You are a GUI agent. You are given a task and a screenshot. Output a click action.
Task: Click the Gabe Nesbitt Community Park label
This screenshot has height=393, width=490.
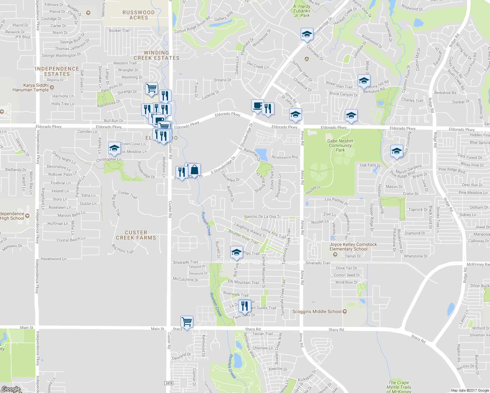pyautogui.click(x=340, y=145)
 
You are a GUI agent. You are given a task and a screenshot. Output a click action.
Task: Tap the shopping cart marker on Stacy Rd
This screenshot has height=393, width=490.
pyautogui.click(x=187, y=322)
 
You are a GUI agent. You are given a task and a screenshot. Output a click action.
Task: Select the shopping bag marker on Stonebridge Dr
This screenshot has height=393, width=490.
pyautogui.click(x=194, y=170)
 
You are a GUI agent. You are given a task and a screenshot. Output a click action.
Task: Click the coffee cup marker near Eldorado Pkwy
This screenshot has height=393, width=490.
pyautogui.click(x=257, y=105)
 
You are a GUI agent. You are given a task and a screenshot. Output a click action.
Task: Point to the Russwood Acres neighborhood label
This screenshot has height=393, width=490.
pyautogui.click(x=139, y=15)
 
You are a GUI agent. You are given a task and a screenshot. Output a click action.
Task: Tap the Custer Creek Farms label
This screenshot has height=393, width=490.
pyautogui.click(x=136, y=235)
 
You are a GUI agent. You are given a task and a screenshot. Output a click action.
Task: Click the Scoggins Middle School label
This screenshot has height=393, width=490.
pyautogui.click(x=317, y=311)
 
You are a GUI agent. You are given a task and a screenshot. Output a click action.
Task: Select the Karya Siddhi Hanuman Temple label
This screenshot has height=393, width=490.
pyautogui.click(x=31, y=87)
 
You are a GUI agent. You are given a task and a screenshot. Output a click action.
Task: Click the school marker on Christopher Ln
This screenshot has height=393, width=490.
pyautogui.click(x=114, y=148)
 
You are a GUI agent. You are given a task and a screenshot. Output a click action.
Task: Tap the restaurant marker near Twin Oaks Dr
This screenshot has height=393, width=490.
pyautogui.click(x=245, y=306)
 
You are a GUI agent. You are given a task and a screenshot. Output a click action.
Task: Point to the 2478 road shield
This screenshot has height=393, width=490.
pyautogui.click(x=169, y=383)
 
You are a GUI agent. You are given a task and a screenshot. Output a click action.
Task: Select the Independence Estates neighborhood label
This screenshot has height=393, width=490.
pyautogui.click(x=57, y=71)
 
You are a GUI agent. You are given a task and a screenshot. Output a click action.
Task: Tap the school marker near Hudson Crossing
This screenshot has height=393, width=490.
pyautogui.click(x=396, y=151)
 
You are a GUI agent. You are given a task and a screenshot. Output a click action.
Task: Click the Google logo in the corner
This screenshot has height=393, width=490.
pyautogui.click(x=11, y=389)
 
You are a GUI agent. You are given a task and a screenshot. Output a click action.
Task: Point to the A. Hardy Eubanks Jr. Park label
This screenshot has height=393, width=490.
pyautogui.click(x=302, y=11)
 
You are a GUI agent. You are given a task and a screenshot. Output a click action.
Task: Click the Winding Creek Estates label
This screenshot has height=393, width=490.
pyautogui.click(x=157, y=55)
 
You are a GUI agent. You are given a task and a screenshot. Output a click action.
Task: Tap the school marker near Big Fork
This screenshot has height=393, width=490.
pyautogui.click(x=236, y=252)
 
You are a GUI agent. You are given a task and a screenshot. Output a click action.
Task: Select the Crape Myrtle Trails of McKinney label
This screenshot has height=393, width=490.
pyautogui.click(x=399, y=387)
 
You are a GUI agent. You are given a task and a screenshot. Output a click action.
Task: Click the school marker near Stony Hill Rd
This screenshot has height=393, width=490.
pyautogui.click(x=364, y=81)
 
